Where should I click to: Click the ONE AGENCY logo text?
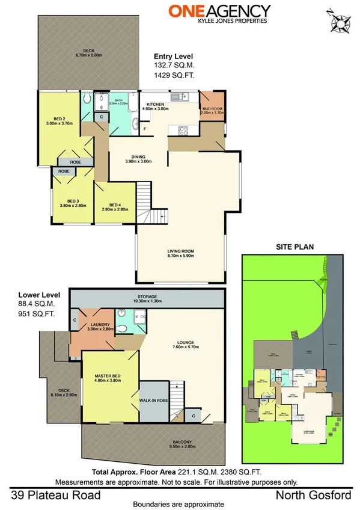pos(219,11)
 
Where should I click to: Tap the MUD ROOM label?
pos(212,109)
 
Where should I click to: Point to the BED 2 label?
pos(59,120)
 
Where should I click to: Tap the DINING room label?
pos(138,159)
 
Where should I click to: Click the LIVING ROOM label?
pos(180,253)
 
